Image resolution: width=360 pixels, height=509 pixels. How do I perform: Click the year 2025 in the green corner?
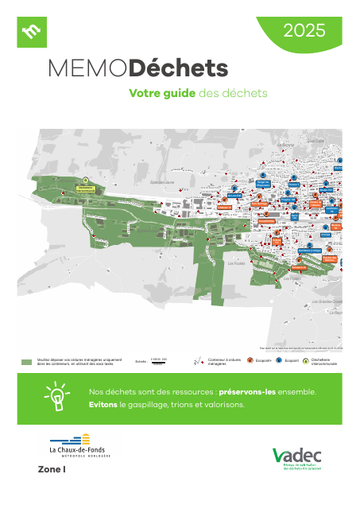tap(305, 31)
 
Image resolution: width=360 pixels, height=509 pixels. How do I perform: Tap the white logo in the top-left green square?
tap(33, 32)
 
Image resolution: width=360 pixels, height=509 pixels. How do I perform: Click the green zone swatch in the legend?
tap(27, 362)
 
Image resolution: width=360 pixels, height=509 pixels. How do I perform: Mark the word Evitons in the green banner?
tap(103, 405)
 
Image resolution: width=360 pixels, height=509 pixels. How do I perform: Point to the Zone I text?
tap(52, 470)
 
